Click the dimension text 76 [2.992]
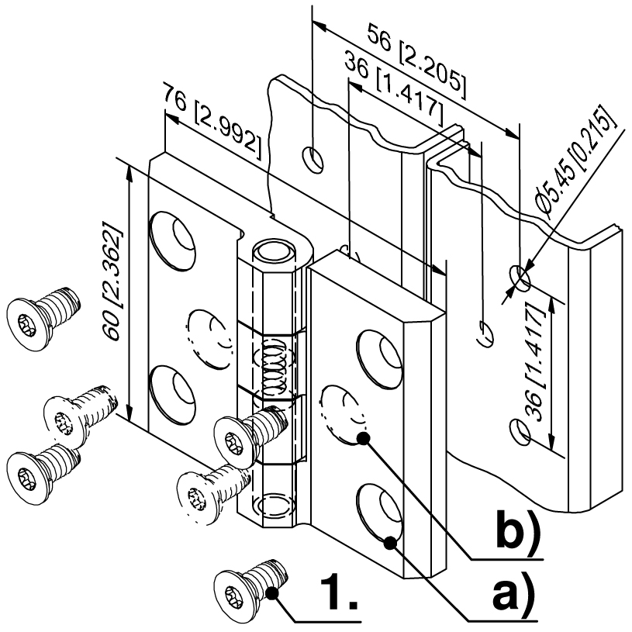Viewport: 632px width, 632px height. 212,120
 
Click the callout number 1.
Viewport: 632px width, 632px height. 339,591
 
